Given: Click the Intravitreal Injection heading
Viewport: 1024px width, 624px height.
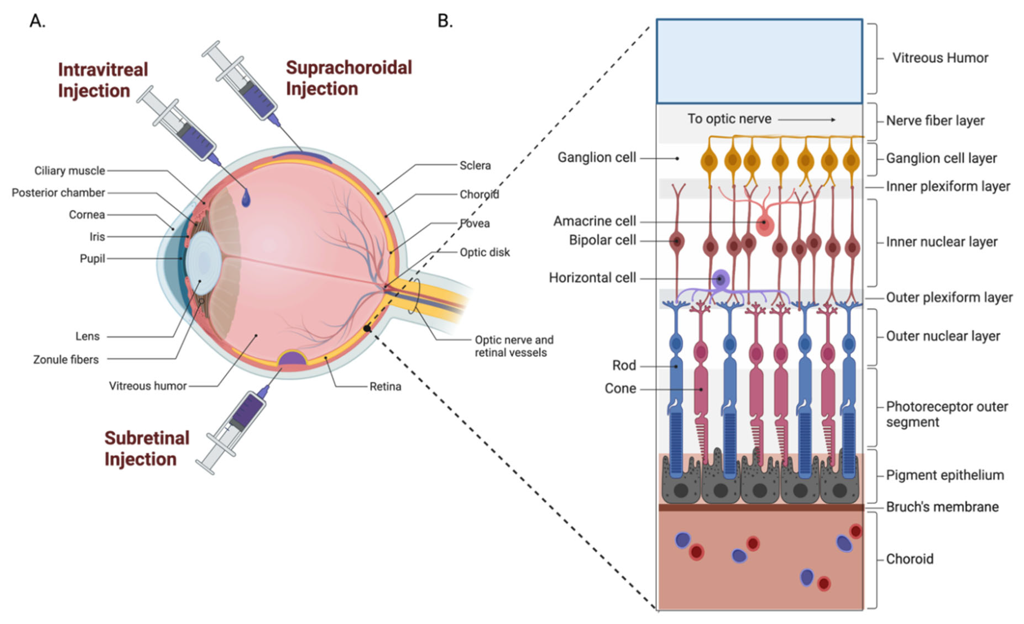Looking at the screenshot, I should pyautogui.click(x=103, y=80).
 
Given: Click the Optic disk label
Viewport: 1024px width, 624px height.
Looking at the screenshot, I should pyautogui.click(x=484, y=252).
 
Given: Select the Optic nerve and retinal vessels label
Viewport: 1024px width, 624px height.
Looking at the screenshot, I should pyautogui.click(x=514, y=346).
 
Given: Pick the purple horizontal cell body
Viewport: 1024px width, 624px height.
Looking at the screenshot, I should pyautogui.click(x=721, y=279).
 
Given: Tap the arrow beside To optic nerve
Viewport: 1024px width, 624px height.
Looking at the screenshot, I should pyautogui.click(x=806, y=120).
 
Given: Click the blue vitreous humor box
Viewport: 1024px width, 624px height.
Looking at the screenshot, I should pyautogui.click(x=759, y=61).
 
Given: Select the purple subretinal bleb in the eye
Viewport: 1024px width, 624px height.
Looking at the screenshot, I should pyautogui.click(x=293, y=358).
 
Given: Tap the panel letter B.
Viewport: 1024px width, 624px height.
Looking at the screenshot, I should pyautogui.click(x=445, y=21).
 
